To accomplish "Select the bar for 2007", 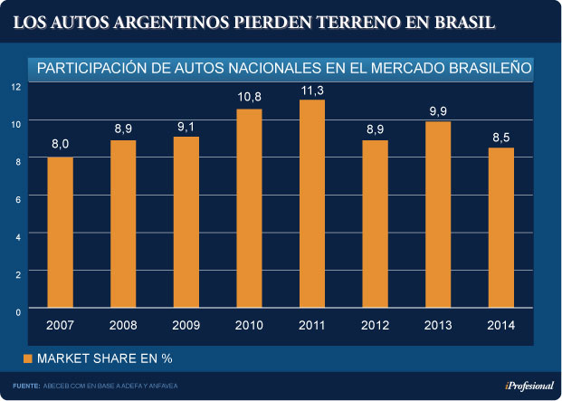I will pos(60,233).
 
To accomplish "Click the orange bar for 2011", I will pos(311,204).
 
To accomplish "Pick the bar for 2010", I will pos(249,208).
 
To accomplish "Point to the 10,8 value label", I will pos(249,97).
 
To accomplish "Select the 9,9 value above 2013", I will pos(438,110).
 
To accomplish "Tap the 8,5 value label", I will pos(500,137).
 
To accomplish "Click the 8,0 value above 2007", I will pos(60,144).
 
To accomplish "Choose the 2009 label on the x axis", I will pos(186,325).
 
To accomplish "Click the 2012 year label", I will pos(375,325).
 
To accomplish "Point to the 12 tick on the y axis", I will pos(15,87).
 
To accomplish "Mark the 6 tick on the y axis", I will pos(15,196).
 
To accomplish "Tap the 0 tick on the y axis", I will pos(15,310).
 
